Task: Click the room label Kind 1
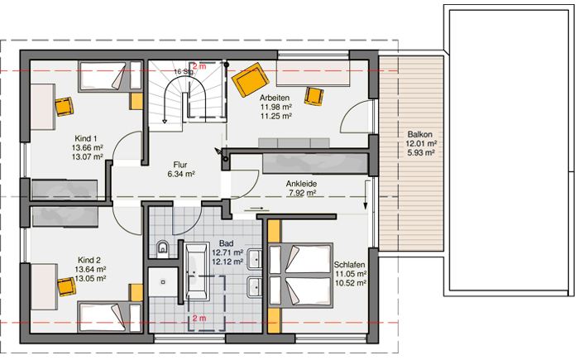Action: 86,138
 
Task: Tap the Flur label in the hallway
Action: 180,165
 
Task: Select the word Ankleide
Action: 301,184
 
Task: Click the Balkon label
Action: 420,134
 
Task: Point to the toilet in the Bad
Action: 162,247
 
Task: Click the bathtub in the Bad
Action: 195,271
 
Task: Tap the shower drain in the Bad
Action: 163,282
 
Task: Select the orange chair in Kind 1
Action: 64,107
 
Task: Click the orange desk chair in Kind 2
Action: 66,287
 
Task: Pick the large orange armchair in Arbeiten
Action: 251,79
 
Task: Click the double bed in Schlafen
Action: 300,276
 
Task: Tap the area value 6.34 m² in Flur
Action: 181,174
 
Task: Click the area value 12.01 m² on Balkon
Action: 421,143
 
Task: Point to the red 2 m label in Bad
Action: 199,319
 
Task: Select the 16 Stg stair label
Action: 184,71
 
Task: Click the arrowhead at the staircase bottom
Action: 165,121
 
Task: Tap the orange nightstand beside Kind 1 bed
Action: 136,101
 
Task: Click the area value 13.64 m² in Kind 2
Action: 90,270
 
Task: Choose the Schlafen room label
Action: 349,265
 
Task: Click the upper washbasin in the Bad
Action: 255,259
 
